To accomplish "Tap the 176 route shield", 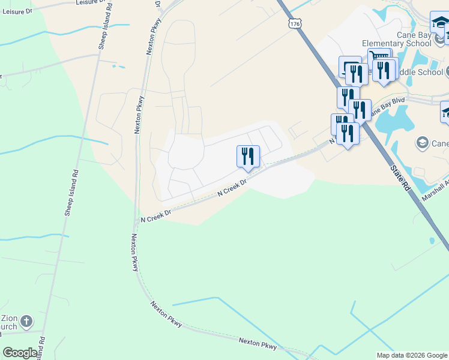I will click(x=294, y=23).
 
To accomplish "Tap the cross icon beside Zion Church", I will click(x=26, y=322).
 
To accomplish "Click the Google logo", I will click(x=20, y=353).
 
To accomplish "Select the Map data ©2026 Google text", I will click(x=411, y=355).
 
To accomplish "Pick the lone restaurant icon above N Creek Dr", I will click(x=248, y=157).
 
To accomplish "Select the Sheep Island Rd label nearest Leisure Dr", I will click(x=103, y=30).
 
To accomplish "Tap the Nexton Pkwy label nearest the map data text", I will click(x=258, y=344).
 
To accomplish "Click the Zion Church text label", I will click(x=8, y=322).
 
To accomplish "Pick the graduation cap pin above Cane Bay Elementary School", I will click(x=439, y=23).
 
